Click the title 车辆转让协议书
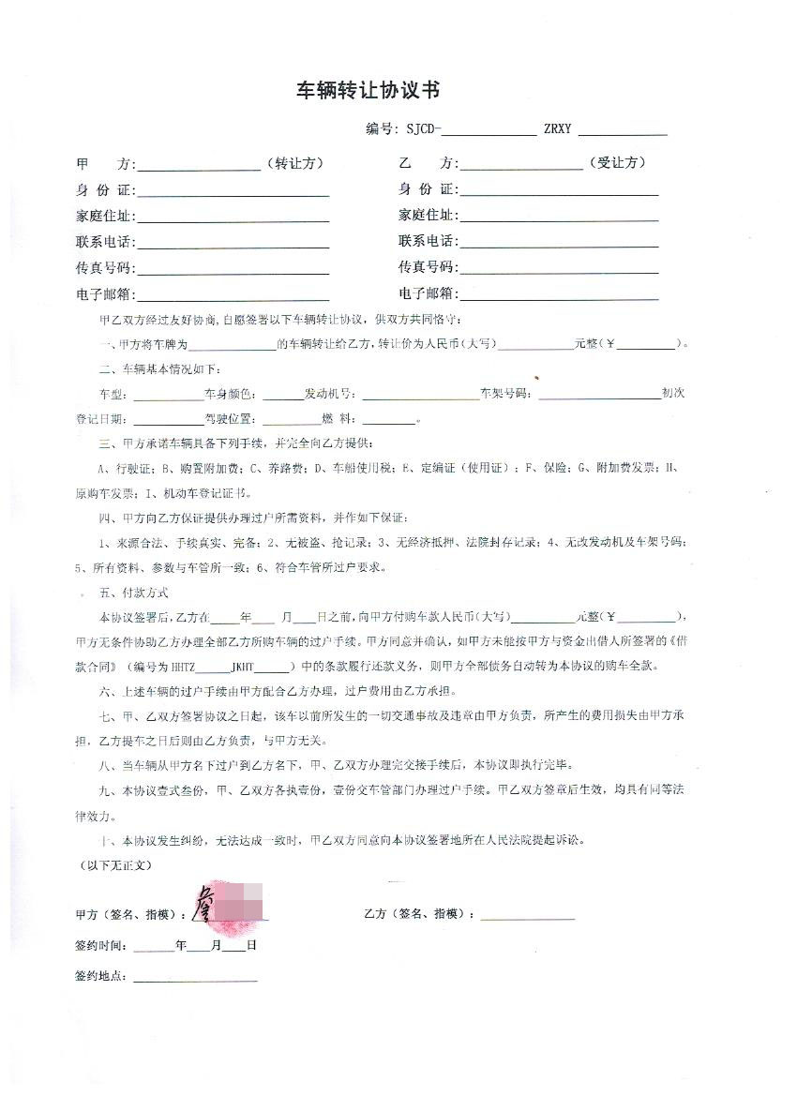tap(368, 90)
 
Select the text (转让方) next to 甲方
tap(295, 163)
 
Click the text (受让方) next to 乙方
tap(617, 163)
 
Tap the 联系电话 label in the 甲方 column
tap(105, 242)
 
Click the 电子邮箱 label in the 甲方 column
tap(105, 295)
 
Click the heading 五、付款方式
tap(134, 593)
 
